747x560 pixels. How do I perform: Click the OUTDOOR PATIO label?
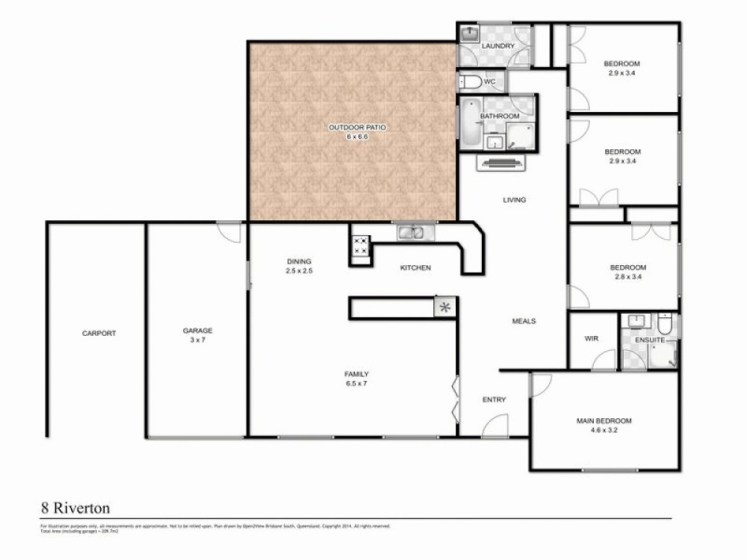[x=350, y=127]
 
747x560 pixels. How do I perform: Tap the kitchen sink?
[x=411, y=233]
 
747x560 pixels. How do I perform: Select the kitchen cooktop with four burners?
[x=359, y=247]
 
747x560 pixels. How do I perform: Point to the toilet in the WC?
[x=472, y=82]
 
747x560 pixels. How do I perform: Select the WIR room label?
[x=591, y=340]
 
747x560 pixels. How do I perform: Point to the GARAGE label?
[x=197, y=330]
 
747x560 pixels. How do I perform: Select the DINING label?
[x=299, y=261]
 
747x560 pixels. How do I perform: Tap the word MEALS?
[x=524, y=321]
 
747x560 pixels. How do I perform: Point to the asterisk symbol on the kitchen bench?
[x=444, y=306]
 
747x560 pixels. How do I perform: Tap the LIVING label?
[x=514, y=200]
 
